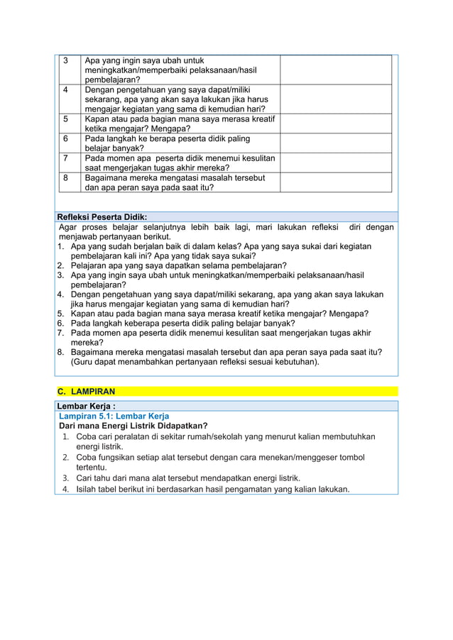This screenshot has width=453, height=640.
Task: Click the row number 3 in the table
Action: point(65,60)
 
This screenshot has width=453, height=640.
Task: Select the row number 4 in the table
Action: point(65,91)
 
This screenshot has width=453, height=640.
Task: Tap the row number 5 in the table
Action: point(65,119)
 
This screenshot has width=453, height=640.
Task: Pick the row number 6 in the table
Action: point(65,139)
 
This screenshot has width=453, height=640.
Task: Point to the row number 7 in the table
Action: point(65,158)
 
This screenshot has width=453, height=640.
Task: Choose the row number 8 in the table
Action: point(65,177)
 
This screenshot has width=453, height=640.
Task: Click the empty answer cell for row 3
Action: point(336,70)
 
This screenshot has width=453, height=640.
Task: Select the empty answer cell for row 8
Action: point(336,182)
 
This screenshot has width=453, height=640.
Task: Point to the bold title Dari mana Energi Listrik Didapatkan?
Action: point(133,426)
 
